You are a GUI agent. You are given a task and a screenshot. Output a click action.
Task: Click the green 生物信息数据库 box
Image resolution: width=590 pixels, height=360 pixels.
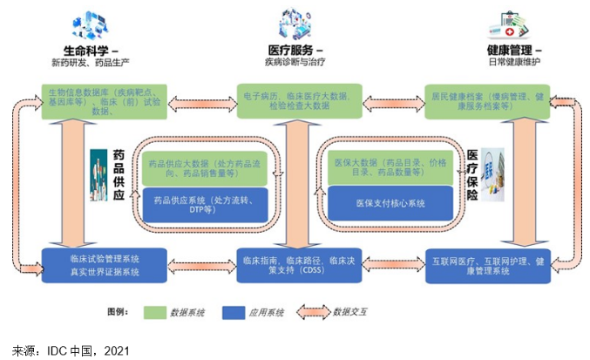(x=105, y=100)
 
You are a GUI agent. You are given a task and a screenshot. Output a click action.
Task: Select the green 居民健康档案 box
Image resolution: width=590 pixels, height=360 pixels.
(x=487, y=100)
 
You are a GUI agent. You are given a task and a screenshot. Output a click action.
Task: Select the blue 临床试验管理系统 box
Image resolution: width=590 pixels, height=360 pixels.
(x=105, y=265)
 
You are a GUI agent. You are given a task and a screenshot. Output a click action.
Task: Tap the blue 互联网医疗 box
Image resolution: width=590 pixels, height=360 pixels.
(x=487, y=265)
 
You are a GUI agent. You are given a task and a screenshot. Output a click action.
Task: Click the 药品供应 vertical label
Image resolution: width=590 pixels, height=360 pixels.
(x=121, y=174)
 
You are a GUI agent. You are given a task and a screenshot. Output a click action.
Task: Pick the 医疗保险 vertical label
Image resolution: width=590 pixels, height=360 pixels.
(x=471, y=174)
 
